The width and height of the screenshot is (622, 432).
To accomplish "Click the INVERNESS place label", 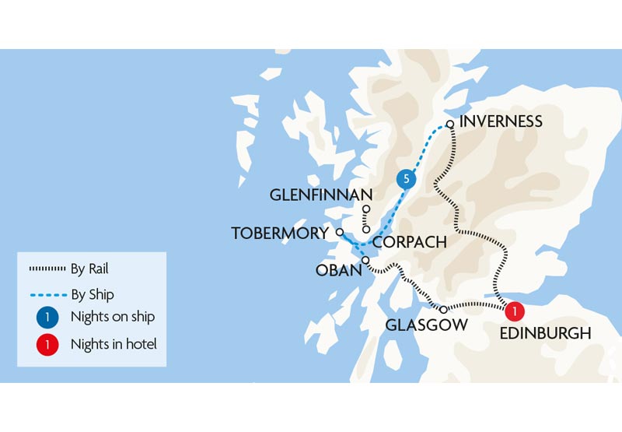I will pyautogui.click(x=501, y=121).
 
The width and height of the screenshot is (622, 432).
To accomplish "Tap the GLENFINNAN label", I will pyautogui.click(x=321, y=195).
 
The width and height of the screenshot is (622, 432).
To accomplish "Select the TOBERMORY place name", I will pyautogui.click(x=280, y=234).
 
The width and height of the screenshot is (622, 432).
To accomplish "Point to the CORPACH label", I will pyautogui.click(x=410, y=242).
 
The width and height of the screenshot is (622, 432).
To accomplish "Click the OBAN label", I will pyautogui.click(x=338, y=270).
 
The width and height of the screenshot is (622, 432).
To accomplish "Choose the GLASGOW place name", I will pyautogui.click(x=427, y=325).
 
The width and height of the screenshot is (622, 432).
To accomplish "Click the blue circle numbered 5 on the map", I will pyautogui.click(x=405, y=179).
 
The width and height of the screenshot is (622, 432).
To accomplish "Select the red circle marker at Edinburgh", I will pyautogui.click(x=513, y=312).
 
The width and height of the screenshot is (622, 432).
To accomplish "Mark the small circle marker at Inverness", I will pyautogui.click(x=449, y=124).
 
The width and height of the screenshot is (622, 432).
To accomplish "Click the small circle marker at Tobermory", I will pyautogui.click(x=339, y=232).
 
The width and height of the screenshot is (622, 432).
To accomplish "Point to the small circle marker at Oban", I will pyautogui.click(x=365, y=260).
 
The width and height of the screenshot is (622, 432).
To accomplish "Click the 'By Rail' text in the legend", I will pyautogui.click(x=89, y=269).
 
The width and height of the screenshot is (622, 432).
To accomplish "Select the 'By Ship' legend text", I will pyautogui.click(x=92, y=295).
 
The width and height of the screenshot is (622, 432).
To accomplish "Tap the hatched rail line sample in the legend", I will pyautogui.click(x=47, y=269).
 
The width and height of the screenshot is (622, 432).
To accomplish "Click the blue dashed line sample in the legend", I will pyautogui.click(x=47, y=295).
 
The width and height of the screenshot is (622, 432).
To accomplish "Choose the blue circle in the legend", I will pyautogui.click(x=47, y=318).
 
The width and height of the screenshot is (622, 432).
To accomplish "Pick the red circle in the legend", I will pyautogui.click(x=47, y=343).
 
